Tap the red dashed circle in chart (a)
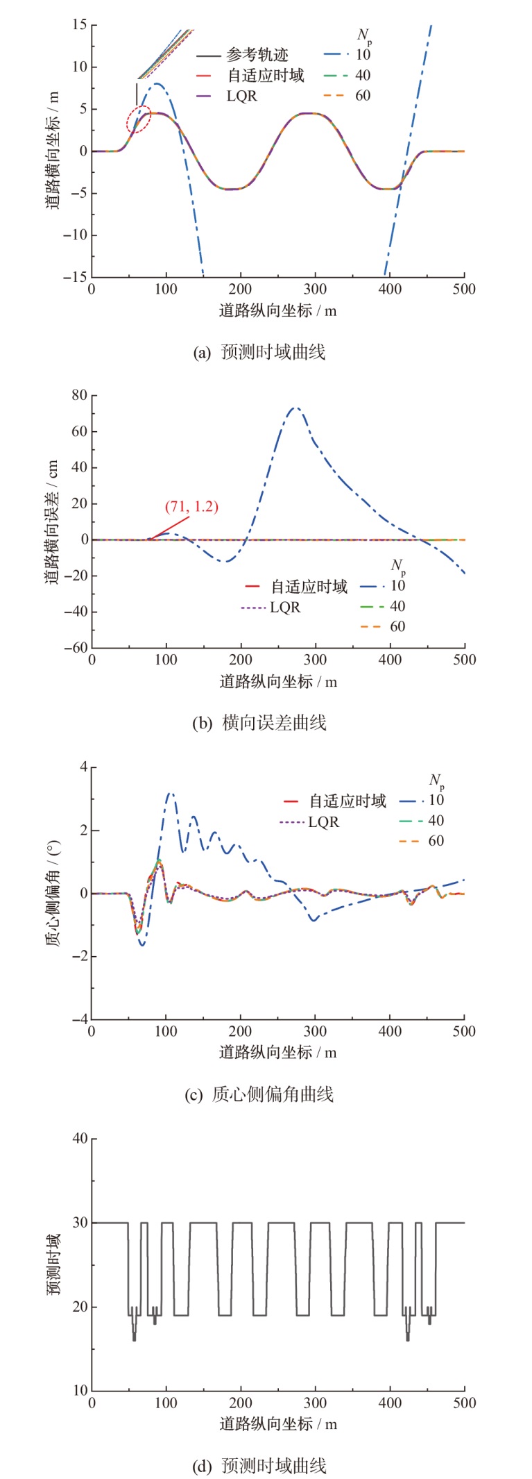[x=139, y=120]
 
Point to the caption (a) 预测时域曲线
[x=259, y=352]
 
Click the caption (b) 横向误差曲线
[x=259, y=723]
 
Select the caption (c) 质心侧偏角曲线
[x=259, y=1094]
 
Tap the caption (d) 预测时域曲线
[x=259, y=1466]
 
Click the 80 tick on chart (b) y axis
[x=79, y=396]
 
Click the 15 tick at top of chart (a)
[x=79, y=26]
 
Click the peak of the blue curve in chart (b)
[x=295, y=408]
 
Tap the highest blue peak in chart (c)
[x=170, y=792]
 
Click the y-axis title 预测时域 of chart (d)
[x=53, y=1264]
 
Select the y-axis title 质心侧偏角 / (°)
[x=53, y=893]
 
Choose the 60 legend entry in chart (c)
[x=436, y=841]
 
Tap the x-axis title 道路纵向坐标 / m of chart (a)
[x=277, y=310]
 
